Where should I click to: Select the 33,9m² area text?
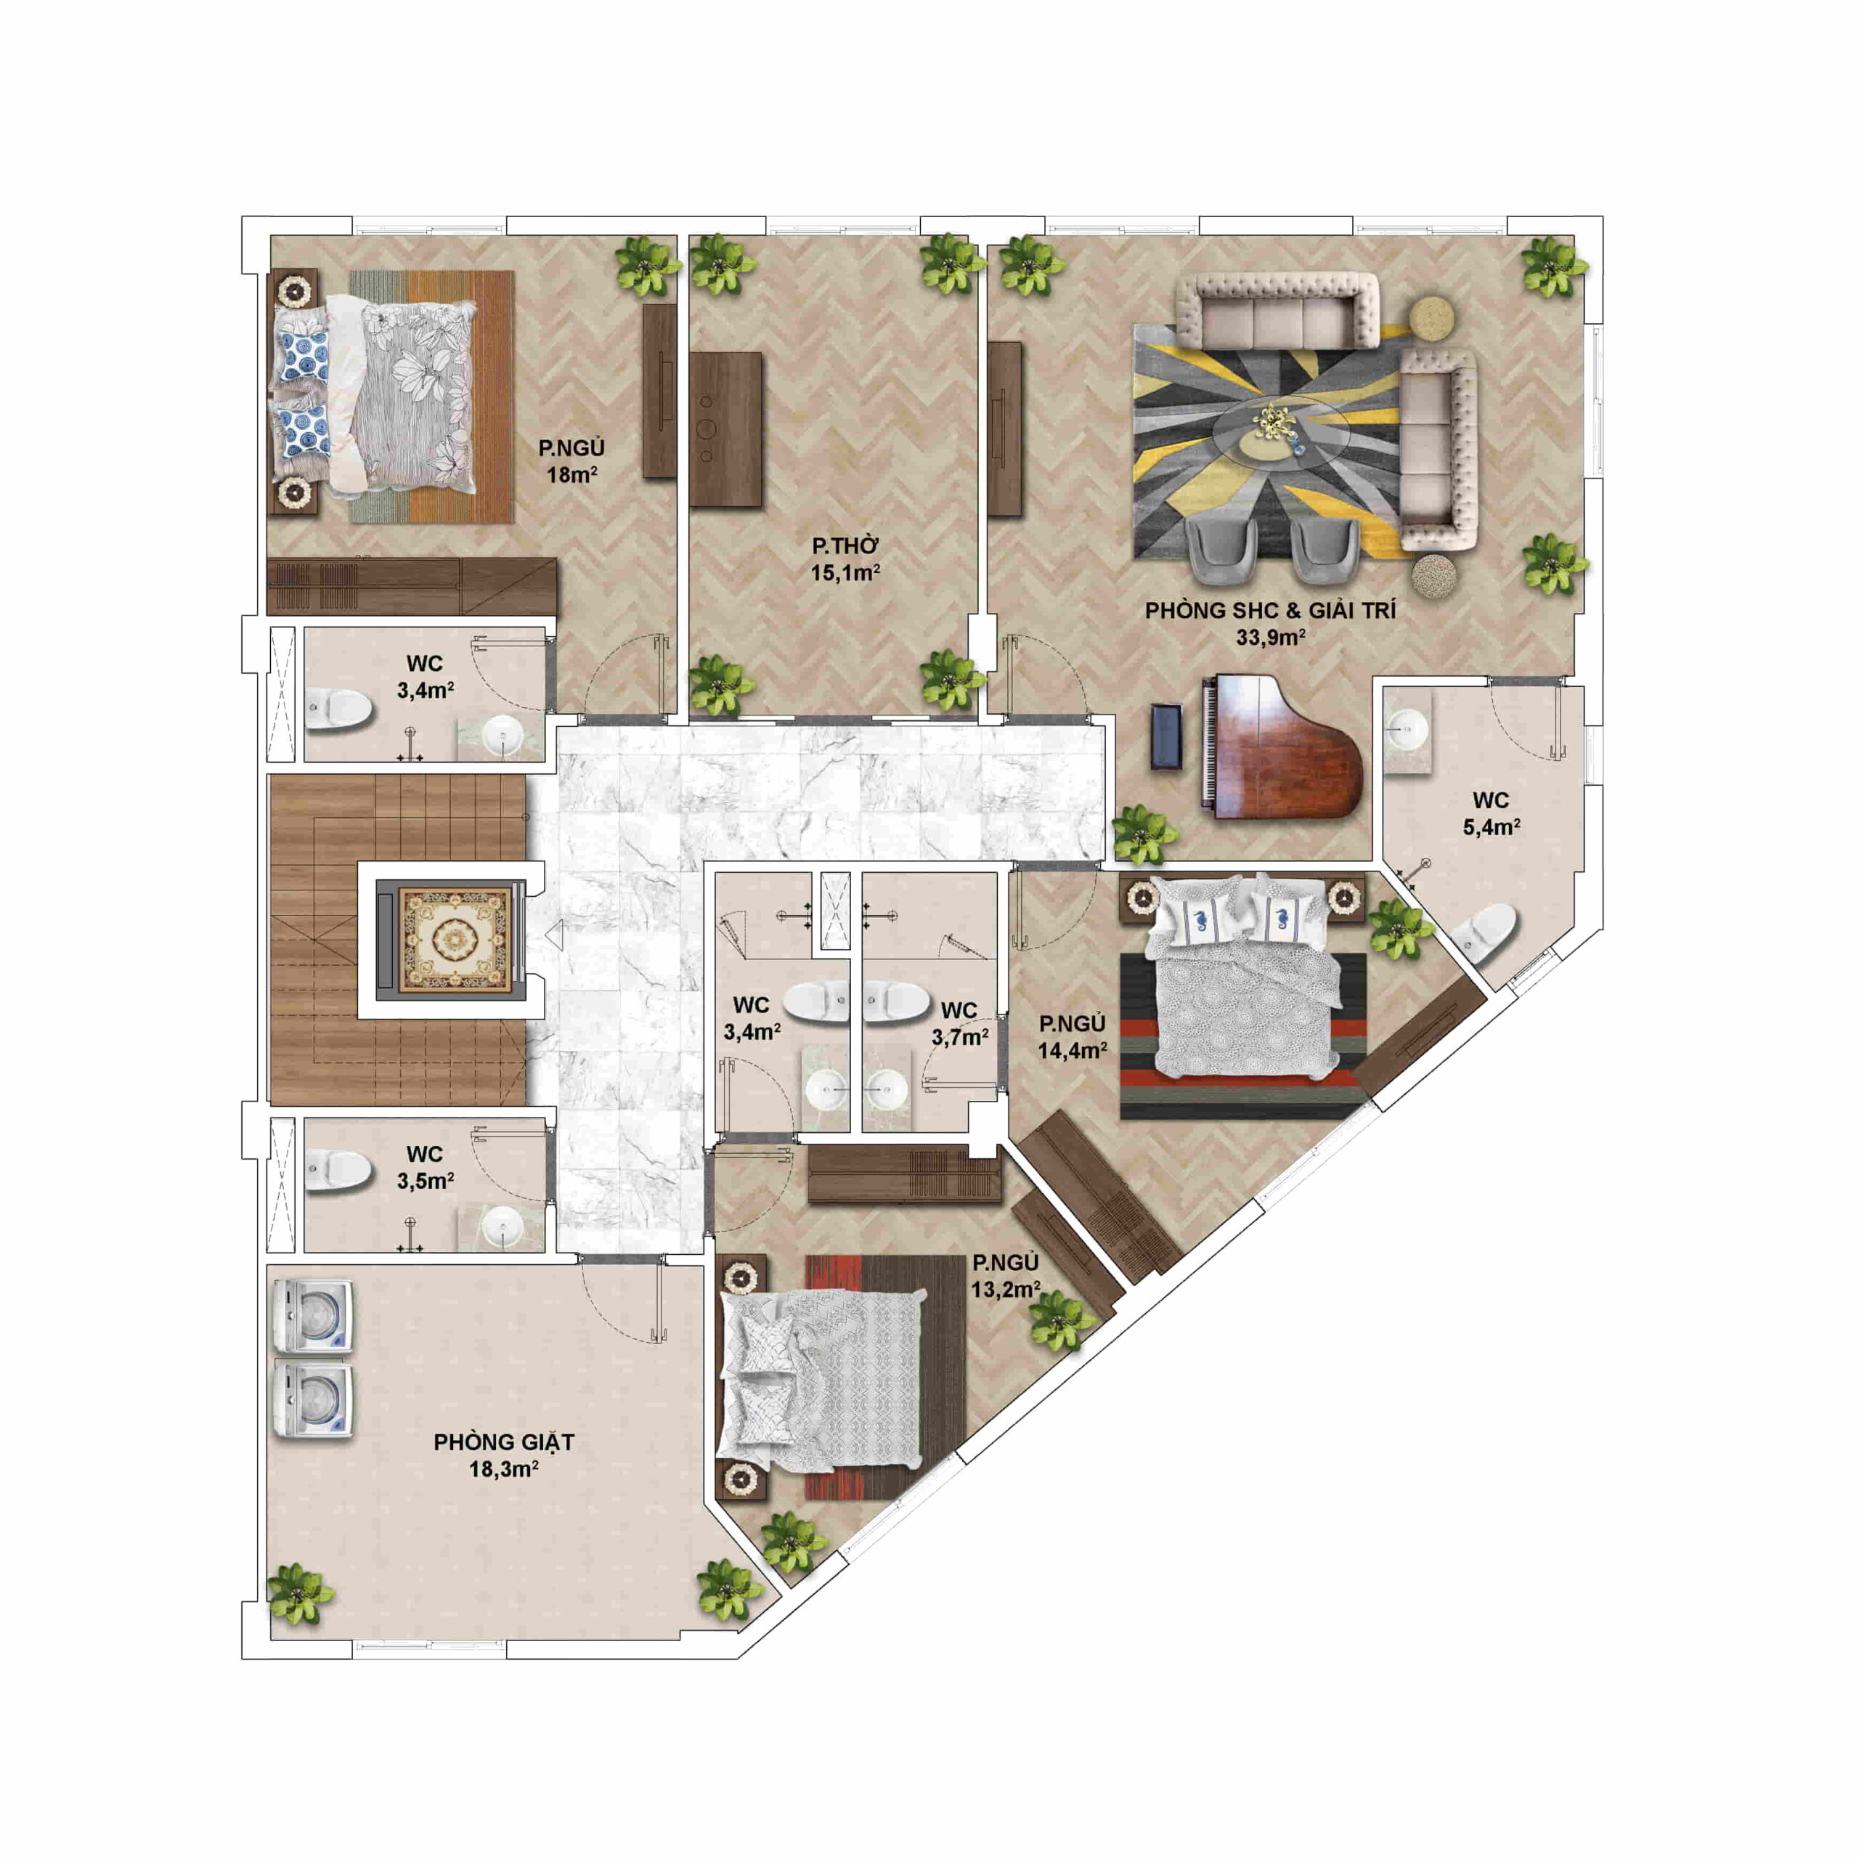pos(1270,637)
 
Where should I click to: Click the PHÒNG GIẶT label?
pos(503,1442)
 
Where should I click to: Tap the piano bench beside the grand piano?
pos(1166,737)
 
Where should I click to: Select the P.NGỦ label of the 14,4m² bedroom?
pos(1072,1024)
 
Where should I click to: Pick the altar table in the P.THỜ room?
pos(725,429)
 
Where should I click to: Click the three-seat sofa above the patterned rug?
pos(1279,310)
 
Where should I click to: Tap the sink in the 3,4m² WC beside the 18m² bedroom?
pos(501,736)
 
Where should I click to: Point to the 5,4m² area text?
pos(1492,826)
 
